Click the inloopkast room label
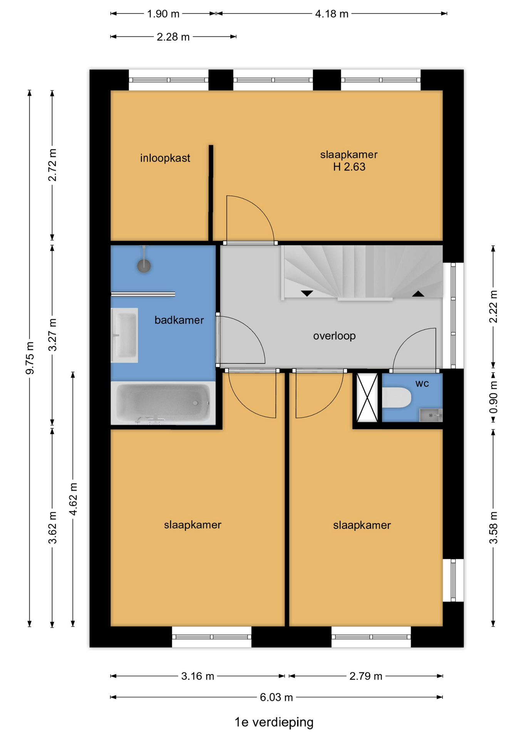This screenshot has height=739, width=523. pos(165,158)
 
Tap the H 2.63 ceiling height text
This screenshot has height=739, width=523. pos(349,167)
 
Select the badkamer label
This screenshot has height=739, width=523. pos(179,320)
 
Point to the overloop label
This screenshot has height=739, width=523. pos(334,336)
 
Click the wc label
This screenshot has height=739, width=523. pos(422,384)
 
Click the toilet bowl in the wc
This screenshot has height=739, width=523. pos(397,398)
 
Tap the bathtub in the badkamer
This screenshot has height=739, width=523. pos(163,403)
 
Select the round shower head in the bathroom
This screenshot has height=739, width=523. pos(144,266)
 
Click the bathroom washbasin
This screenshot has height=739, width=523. pos(124,335)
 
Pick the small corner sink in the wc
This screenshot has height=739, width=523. pos(431,415)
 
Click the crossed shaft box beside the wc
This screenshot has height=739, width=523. pos(367,398)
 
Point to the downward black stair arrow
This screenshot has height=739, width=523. pos(307,293)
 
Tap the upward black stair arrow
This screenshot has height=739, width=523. pos(418,294)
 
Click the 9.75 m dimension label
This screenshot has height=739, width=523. pos(30,358)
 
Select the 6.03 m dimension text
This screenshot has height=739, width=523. pos(276,697)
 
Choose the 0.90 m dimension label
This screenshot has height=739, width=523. pos(493,397)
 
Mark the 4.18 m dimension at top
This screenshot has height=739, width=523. pos(332,14)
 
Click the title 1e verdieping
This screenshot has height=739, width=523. pos(274,722)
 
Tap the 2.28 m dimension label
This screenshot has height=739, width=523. pos(173,37)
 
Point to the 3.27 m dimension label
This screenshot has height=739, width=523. pos(52,335)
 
